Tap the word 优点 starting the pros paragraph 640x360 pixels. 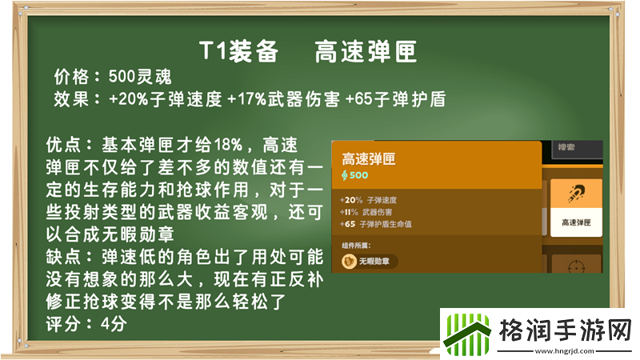(64, 146)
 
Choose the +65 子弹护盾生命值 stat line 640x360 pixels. (379, 225)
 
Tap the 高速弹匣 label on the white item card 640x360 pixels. (574, 222)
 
